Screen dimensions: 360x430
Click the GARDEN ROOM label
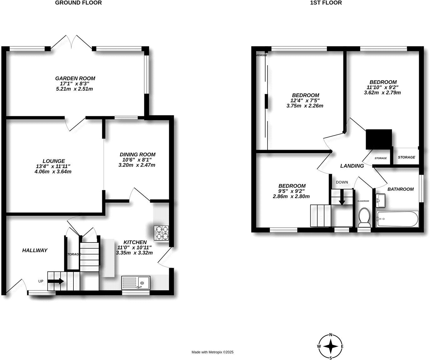click(x=75, y=78)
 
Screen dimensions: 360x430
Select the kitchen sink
click(x=136, y=282)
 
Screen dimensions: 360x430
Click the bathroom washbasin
click(x=381, y=200)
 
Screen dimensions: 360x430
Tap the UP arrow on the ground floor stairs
click(x=56, y=281)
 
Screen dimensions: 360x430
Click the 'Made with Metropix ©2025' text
click(x=212, y=352)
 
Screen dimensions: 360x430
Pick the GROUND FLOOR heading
click(x=78, y=3)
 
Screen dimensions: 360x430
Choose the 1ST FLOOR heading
click(x=326, y=3)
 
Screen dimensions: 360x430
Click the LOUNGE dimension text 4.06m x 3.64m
click(x=53, y=172)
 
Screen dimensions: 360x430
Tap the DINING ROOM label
click(x=137, y=154)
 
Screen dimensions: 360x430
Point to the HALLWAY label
click(x=35, y=250)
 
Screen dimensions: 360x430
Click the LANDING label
click(x=352, y=166)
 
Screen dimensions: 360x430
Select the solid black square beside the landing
click(x=379, y=139)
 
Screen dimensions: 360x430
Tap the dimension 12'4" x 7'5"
click(x=305, y=101)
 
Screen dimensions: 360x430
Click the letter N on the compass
click(x=331, y=334)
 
